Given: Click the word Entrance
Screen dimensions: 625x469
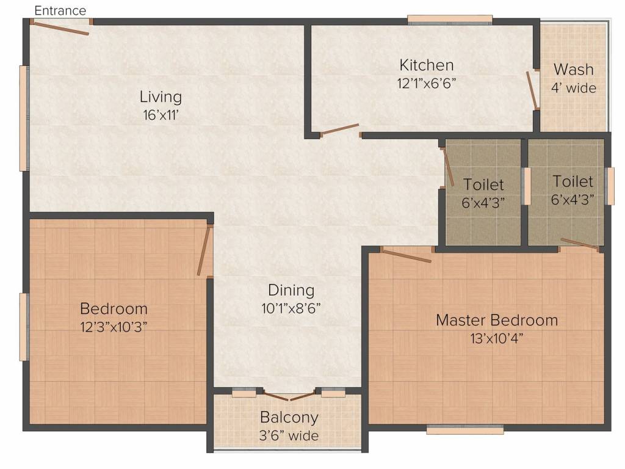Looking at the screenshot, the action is coord(60,11).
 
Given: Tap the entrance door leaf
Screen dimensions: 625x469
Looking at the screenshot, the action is coord(60,28).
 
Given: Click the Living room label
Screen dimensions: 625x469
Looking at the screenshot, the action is coord(161,97).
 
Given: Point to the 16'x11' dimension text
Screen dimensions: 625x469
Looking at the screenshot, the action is coord(161,115).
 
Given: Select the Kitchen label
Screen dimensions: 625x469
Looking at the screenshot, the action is coord(427,65).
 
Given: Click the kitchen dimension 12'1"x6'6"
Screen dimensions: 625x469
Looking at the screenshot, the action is coord(427,83).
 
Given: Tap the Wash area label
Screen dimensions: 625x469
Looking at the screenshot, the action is coord(574,70).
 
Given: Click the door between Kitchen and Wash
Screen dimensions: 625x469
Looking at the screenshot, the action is coord(532,90).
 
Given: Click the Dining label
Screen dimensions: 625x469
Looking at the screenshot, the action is coord(291,290).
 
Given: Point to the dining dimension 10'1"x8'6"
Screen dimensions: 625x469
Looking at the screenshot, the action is coord(291,308).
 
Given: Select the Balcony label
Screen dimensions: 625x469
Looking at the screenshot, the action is coord(289,418).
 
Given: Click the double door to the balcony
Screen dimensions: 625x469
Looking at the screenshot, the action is coord(289,397).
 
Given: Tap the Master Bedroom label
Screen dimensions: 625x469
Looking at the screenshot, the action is coord(497,320).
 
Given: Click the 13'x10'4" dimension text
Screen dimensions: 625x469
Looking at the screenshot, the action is coord(497,338).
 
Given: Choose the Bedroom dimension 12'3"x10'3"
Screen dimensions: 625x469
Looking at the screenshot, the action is coord(114,327).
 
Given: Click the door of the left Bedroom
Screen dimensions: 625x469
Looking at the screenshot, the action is coord(204,250).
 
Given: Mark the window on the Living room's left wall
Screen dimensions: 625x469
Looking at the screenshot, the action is coord(24,118).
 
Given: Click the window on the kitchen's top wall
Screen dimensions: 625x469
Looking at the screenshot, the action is coord(450,20).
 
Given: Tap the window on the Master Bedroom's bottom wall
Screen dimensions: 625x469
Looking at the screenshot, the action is coord(464,430).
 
